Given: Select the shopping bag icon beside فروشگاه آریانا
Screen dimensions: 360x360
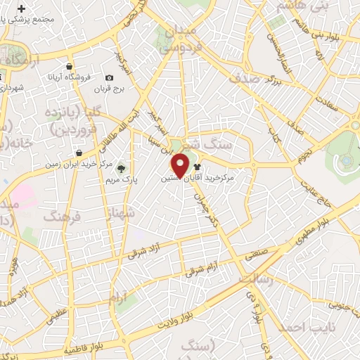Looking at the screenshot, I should point(69,67).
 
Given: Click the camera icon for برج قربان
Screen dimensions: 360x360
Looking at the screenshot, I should point(109,78).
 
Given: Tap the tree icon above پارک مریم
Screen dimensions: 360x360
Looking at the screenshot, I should point(122,167).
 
